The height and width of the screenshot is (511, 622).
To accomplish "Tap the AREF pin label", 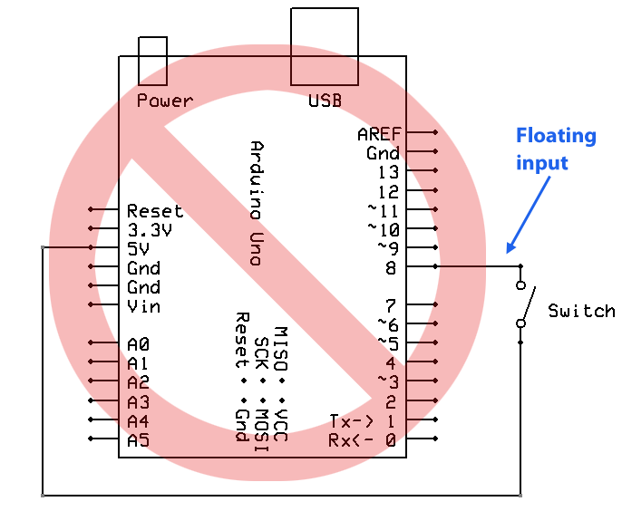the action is click(379, 134).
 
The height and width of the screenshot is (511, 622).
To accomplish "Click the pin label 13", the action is click(388, 172).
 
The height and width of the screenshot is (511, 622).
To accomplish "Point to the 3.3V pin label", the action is click(150, 230).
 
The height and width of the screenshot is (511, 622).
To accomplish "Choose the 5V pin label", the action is click(138, 249).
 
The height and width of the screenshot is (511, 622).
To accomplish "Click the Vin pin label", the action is click(143, 306).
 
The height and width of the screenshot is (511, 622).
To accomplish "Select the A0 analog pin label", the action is click(138, 344).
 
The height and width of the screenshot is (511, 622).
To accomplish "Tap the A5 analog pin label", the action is click(138, 440).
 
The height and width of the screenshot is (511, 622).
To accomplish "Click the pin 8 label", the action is click(391, 268).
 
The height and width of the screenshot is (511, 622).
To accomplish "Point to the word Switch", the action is click(581, 311).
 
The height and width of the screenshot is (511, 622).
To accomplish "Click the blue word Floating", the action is click(556, 136).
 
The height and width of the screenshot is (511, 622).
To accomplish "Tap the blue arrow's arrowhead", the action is click(510, 247).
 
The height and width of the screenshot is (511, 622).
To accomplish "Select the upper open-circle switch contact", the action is click(520, 285).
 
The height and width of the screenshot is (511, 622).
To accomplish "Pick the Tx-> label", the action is click(352, 421).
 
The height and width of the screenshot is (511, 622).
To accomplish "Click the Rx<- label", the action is click(351, 440).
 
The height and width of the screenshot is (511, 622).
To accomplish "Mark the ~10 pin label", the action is click(384, 230).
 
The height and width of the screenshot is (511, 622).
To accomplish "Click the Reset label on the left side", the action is click(155, 211).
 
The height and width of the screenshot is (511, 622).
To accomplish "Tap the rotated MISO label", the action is click(281, 349).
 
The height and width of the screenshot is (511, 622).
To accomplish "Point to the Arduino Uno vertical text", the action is click(257, 203).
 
